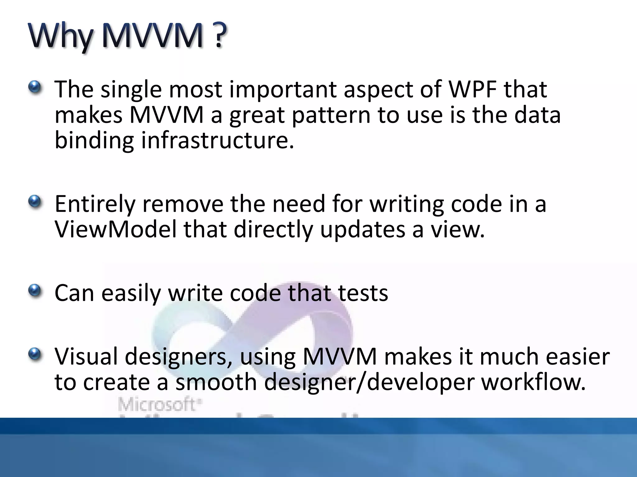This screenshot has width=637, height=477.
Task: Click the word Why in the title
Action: click(61, 37)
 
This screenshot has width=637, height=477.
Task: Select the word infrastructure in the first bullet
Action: click(217, 140)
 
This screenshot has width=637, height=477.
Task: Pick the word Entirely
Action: click(95, 204)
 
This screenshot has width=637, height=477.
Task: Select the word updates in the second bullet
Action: click(362, 230)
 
